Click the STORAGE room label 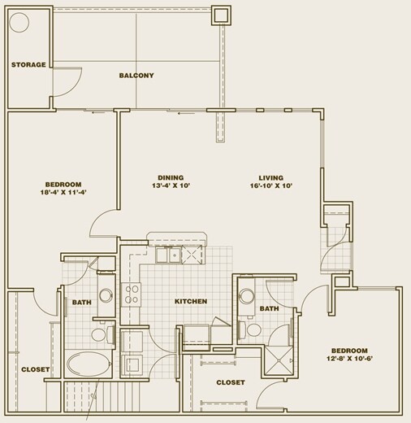pyautogui.click(x=28, y=64)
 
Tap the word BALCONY pyautogui.click(x=136, y=76)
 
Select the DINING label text pyautogui.click(x=171, y=177)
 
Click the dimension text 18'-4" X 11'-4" pyautogui.click(x=40, y=194)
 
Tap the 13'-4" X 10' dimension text pyautogui.click(x=171, y=186)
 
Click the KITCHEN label pyautogui.click(x=191, y=301)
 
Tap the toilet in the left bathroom pyautogui.click(x=101, y=334)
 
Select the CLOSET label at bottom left pyautogui.click(x=36, y=369)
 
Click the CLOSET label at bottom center pyautogui.click(x=231, y=382)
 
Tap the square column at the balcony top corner pyautogui.click(x=221, y=15)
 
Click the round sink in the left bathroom pyautogui.click(x=106, y=294)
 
